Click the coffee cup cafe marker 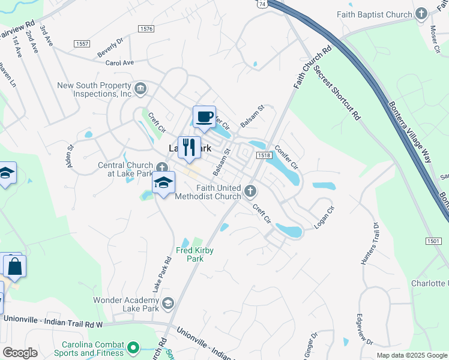click(x=204, y=116)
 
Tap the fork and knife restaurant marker click(x=189, y=147)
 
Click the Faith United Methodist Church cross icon click(x=250, y=191)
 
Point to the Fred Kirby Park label click(x=194, y=254)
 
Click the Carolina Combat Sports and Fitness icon click(x=133, y=348)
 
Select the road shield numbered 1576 click(x=145, y=28)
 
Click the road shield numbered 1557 click(x=83, y=44)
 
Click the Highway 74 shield click(x=261, y=3)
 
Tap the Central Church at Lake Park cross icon click(x=161, y=167)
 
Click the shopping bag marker click(x=15, y=266)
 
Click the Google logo click(x=20, y=352)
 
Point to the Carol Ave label click(x=119, y=62)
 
